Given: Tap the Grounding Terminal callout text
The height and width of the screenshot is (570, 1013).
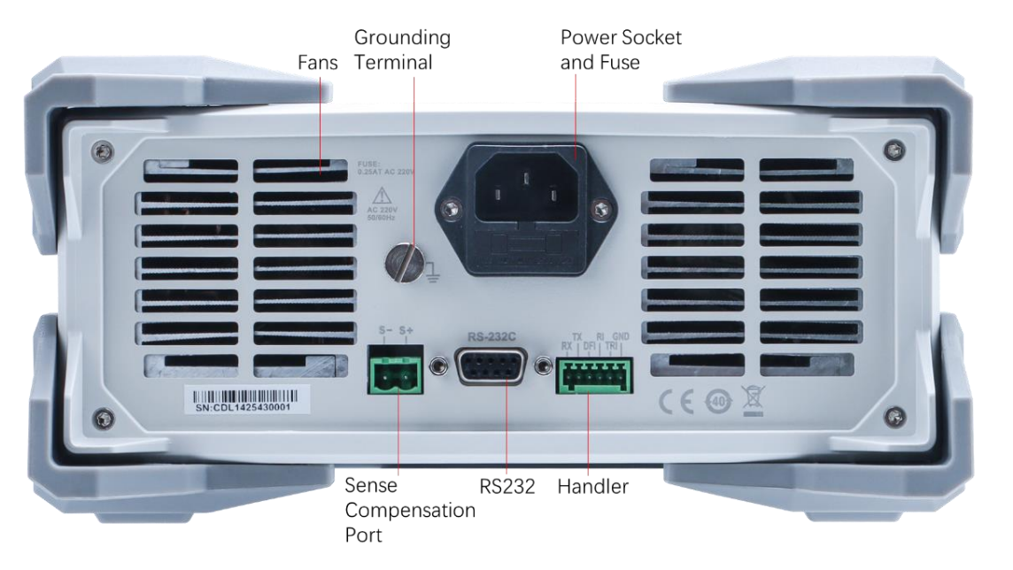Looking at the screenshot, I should [402, 50].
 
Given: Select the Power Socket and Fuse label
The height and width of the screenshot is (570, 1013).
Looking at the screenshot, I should [621, 50].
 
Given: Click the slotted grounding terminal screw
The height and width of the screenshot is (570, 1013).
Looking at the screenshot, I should [404, 262].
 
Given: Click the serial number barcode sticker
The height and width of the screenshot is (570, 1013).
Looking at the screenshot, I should [246, 400].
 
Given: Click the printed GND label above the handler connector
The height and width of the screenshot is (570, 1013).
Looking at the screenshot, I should [621, 337].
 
